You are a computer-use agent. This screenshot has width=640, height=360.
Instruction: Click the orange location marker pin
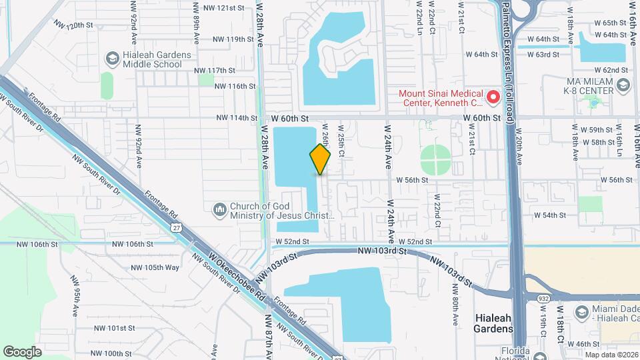tap(320, 159)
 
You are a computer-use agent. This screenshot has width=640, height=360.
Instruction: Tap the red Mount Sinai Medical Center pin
tap(493, 97)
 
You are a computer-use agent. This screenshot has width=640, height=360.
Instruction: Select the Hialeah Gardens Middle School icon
tap(111, 59)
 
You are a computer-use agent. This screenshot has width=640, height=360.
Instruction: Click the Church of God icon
tap(220, 211)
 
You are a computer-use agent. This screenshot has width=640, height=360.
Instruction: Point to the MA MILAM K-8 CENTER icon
tap(623, 85)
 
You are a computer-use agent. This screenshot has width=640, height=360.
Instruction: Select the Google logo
tap(23, 351)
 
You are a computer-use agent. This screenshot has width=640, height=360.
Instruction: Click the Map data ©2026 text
tap(611, 355)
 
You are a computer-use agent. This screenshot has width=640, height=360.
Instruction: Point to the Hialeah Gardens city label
tap(493, 323)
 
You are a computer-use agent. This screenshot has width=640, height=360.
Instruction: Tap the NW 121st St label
tap(225, 8)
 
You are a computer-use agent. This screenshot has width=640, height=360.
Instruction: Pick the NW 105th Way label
tap(155, 267)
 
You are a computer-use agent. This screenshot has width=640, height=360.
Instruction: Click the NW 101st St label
tap(115, 328)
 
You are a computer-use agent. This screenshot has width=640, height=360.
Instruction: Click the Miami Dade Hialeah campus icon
tap(581, 312)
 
